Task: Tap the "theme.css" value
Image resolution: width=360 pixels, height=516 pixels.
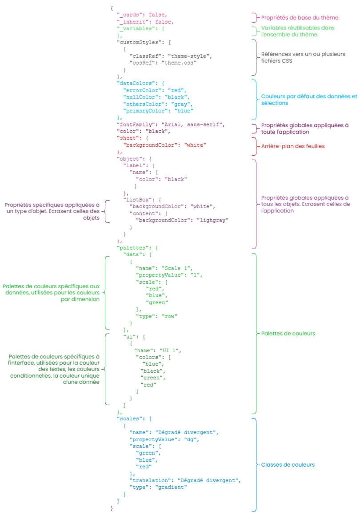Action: (182, 63)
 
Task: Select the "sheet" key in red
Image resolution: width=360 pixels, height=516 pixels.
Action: (127, 138)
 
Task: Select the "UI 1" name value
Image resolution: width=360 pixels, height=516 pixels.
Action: (168, 350)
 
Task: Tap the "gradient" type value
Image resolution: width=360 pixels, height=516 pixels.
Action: (171, 487)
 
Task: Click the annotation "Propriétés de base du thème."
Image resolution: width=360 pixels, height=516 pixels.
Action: (300, 18)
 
